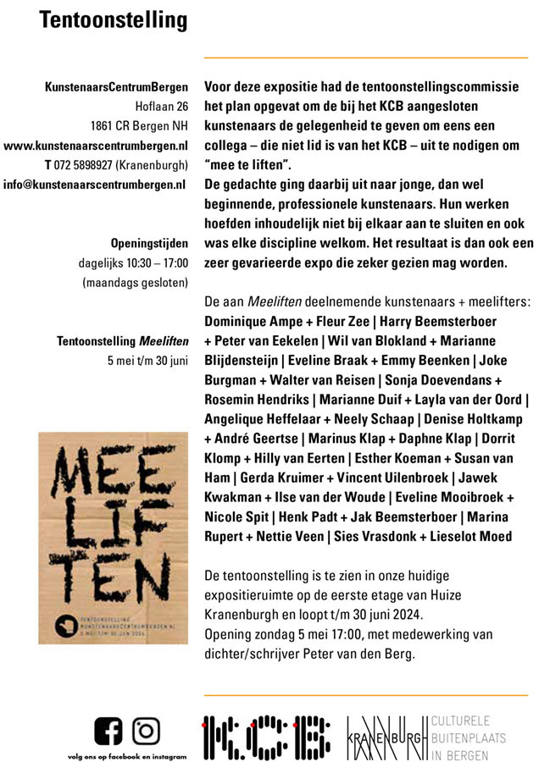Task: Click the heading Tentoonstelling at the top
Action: pos(114,19)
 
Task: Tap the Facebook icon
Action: pos(108,731)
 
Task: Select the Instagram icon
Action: pos(147,731)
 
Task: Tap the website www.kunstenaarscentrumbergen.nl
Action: pos(96,145)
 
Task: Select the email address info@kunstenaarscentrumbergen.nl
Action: pos(96,184)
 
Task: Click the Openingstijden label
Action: pos(149,243)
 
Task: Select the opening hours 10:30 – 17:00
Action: pos(157,262)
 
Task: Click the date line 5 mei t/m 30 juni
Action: pos(147,360)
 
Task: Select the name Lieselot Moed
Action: pos(498,536)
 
